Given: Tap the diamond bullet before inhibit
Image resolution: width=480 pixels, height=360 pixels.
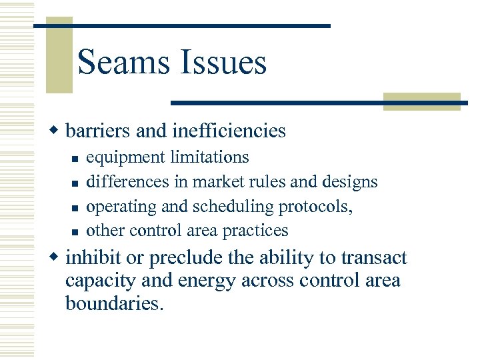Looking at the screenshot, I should [x=57, y=257].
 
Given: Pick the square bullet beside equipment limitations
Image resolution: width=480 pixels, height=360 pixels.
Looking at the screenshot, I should [x=76, y=159].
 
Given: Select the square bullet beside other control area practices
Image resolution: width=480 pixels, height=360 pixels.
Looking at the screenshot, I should [x=76, y=232].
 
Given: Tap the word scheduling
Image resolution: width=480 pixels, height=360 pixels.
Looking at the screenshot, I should [x=234, y=207].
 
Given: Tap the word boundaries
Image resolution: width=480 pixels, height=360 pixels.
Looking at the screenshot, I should [x=114, y=303].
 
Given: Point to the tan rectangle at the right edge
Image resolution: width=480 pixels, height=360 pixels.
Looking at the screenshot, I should [x=421, y=101].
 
